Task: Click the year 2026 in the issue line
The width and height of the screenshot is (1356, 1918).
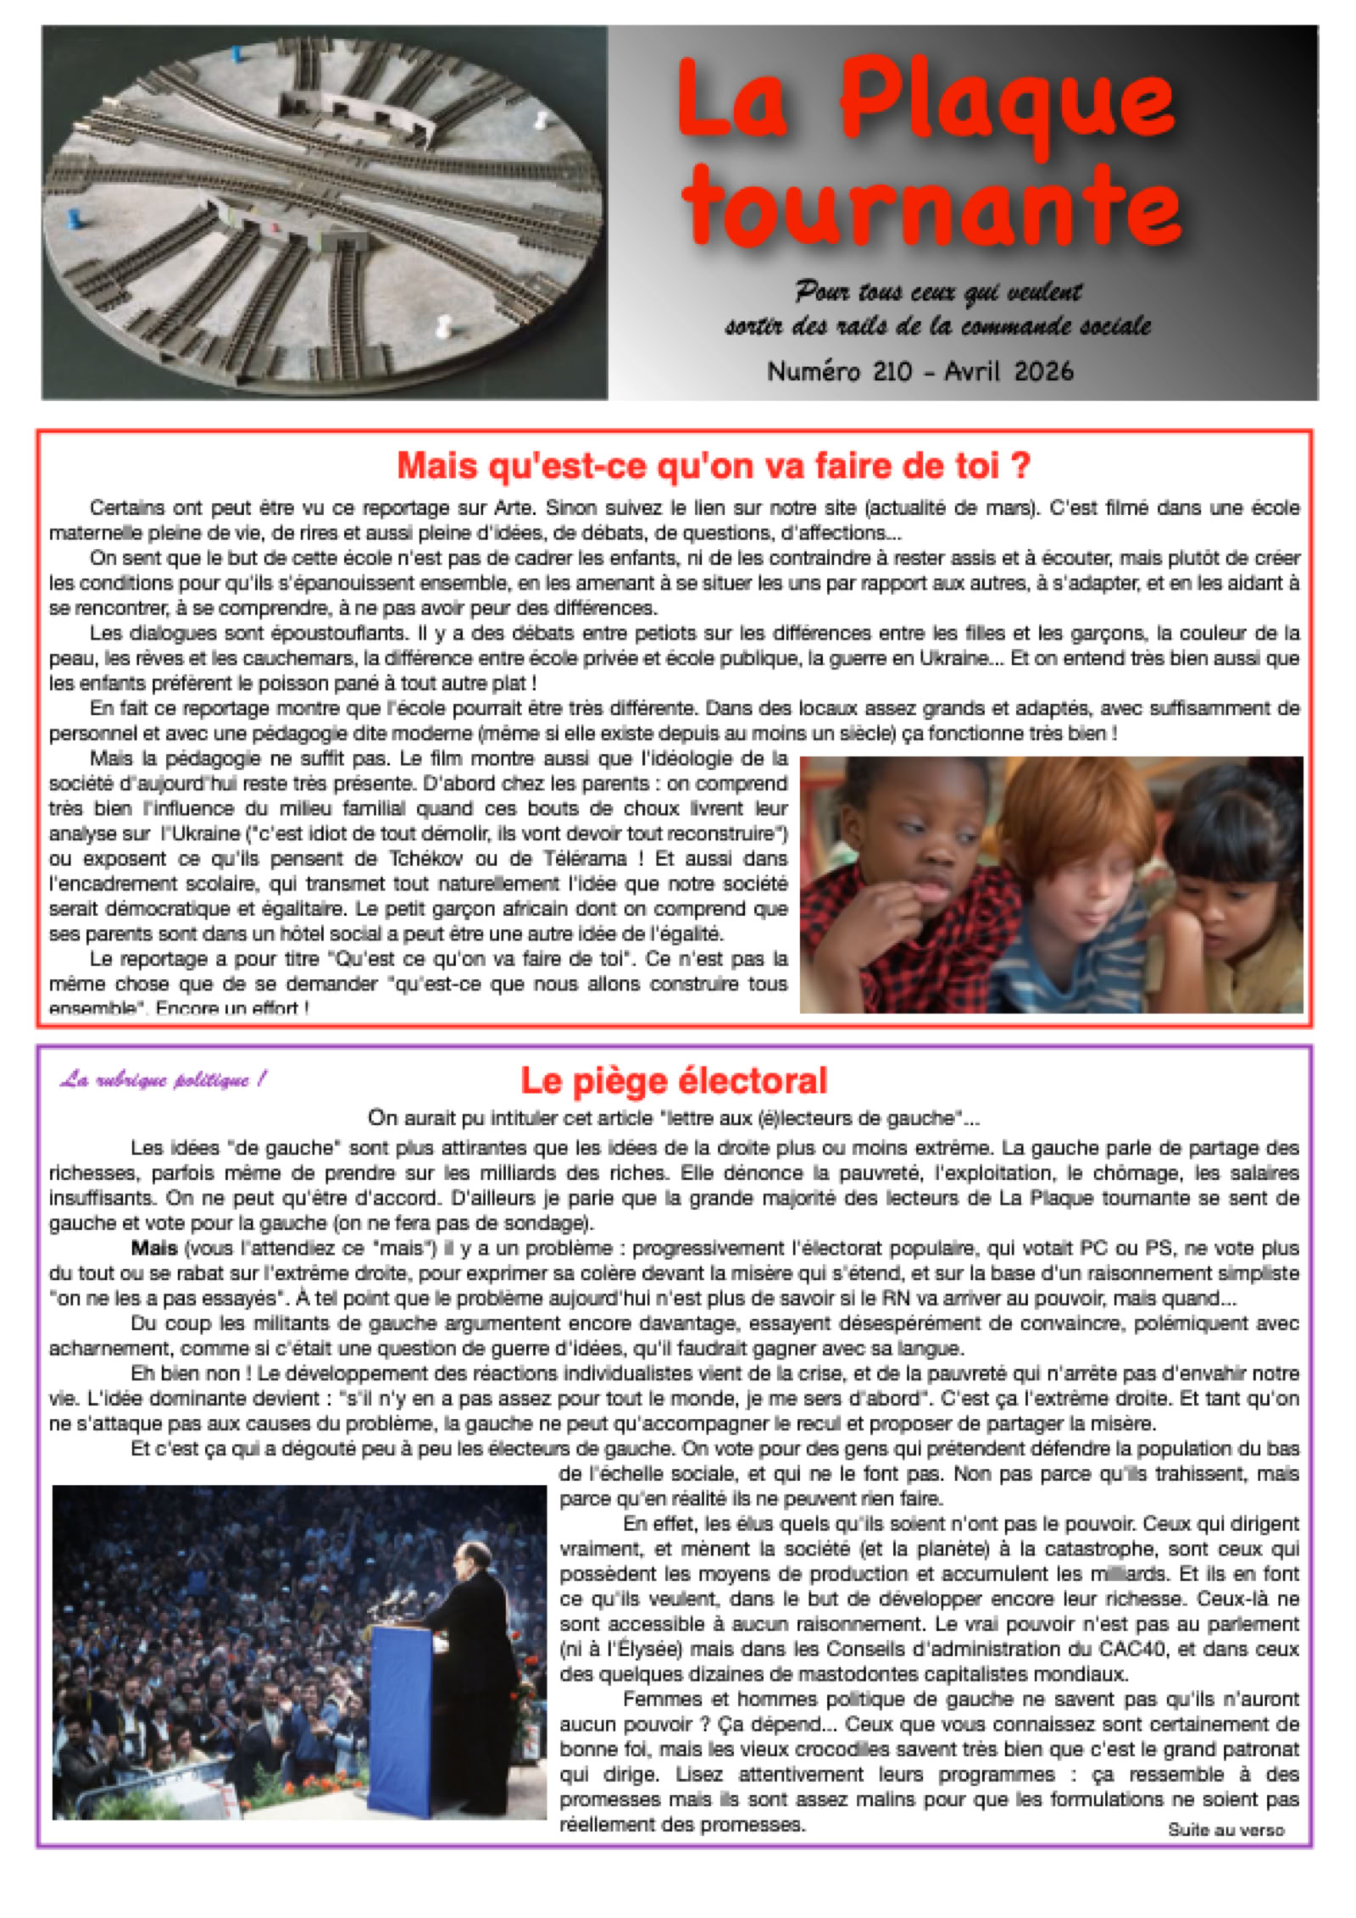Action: point(1043,371)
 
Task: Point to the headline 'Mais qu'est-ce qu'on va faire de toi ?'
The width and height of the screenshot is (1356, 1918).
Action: point(714,466)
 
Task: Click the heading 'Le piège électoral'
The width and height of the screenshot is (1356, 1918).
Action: point(674,1081)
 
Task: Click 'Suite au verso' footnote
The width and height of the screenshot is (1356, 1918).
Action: point(1225,1829)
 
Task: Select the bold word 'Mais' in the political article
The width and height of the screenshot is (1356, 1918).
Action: point(154,1248)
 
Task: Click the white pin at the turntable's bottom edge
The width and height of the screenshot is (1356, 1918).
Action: point(442,325)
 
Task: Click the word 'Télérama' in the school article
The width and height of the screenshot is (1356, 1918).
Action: point(579,859)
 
